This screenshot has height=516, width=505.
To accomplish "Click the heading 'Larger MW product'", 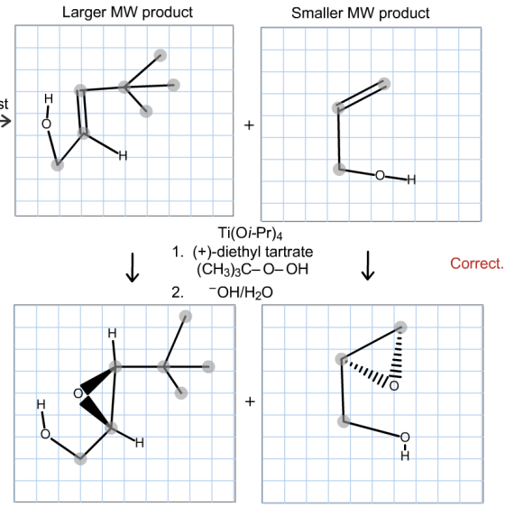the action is point(127,13).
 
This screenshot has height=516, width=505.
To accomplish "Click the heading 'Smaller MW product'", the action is point(360,14).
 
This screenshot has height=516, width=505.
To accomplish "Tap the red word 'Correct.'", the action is point(477,263).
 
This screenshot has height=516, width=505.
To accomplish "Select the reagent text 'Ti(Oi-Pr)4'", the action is point(250,234).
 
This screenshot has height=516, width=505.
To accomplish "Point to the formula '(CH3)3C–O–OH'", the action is point(252,270).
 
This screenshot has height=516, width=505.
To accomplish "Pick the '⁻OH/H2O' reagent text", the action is point(241,292).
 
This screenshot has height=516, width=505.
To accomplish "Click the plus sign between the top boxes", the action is point(249,125).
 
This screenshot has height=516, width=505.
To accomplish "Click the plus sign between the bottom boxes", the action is point(250,401).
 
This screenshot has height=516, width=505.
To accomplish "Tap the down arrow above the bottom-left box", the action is point(133,267).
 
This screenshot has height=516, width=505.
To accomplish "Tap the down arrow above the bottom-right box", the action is point(368,265).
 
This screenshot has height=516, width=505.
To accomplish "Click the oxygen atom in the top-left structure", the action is point(46,124).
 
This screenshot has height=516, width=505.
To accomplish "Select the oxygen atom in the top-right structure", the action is point(380,175).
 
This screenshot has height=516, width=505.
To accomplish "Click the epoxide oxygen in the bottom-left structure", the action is point(78,393).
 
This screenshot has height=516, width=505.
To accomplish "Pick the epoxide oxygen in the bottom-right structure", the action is point(394,386).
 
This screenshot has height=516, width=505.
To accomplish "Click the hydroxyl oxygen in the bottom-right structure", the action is point(405,438).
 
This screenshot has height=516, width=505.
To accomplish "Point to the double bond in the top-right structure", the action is point(361,96).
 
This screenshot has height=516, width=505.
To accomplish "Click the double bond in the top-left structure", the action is point(82,111).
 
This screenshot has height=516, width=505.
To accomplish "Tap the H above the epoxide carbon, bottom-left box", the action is point(112,334).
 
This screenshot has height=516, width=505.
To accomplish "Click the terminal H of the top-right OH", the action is point(411,180).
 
